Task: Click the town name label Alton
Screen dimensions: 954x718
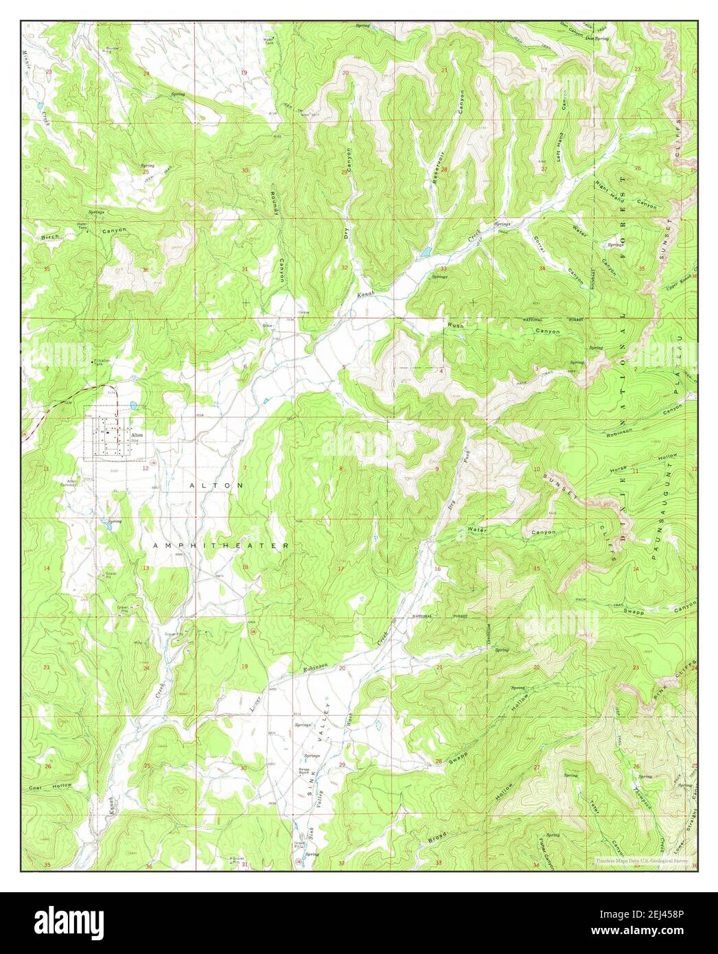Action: point(136,435)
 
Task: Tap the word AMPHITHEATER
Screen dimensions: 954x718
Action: point(221,545)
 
